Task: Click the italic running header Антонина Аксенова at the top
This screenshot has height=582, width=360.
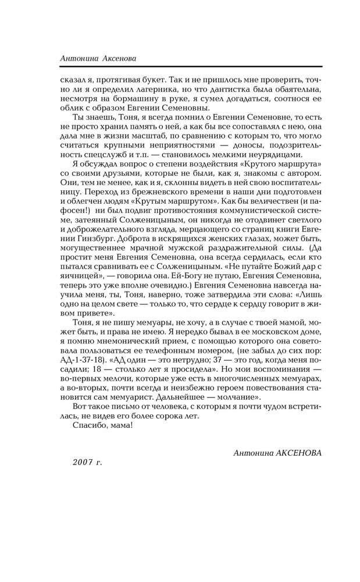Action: coord(98,58)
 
